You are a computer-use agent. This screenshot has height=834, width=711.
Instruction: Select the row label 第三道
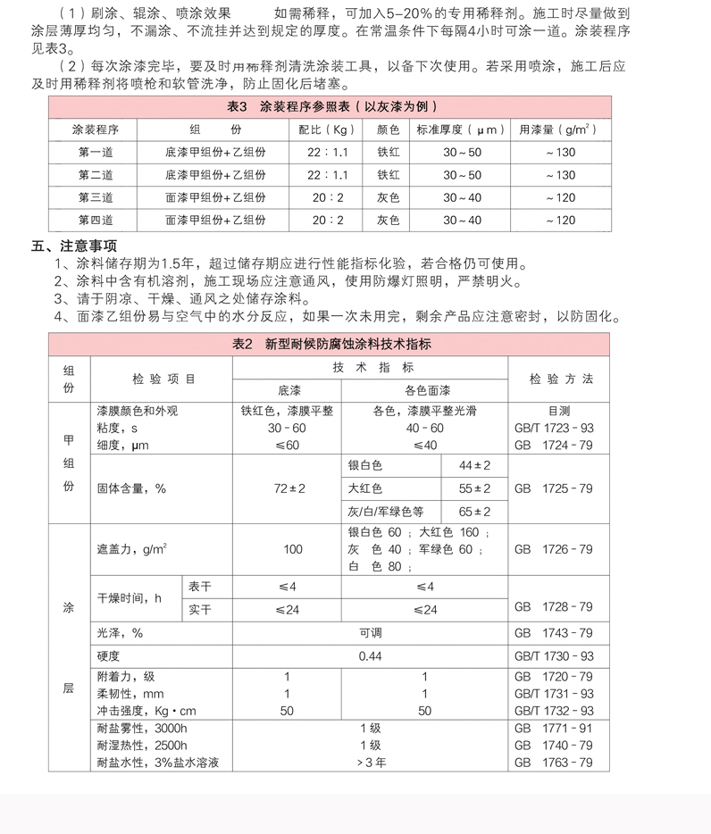pos(96,197)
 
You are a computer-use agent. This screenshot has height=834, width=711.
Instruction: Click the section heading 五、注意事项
pos(74,246)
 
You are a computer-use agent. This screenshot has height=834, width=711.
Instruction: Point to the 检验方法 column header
pos(560,379)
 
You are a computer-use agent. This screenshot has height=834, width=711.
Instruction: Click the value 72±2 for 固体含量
pos(289,488)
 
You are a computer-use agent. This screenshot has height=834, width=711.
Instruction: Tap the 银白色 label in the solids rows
pos(364,466)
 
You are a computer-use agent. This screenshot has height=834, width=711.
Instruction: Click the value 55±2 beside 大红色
pos(474,488)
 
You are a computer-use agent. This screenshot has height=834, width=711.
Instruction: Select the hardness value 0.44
pos(370,655)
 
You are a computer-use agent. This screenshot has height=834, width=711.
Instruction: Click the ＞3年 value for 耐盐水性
pos(370,763)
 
